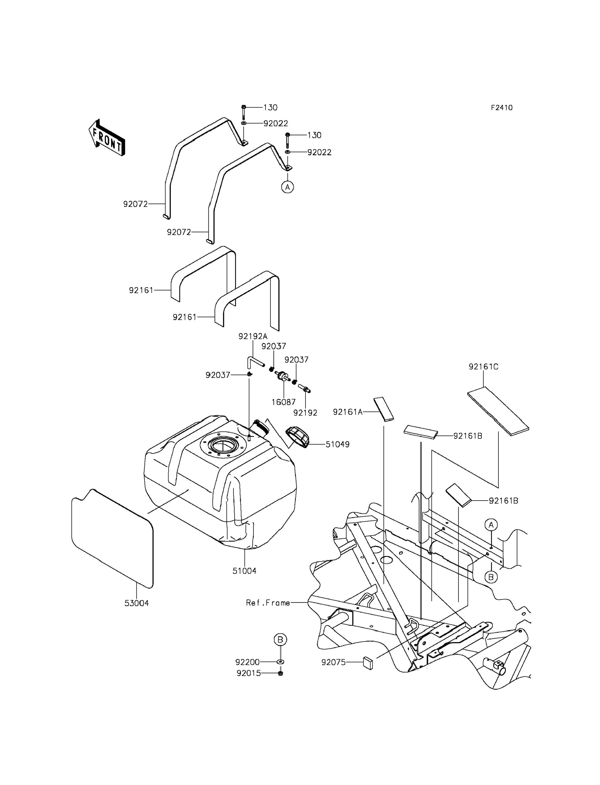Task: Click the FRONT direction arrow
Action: [x=107, y=137]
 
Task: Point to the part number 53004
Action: [x=136, y=603]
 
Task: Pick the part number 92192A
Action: [x=253, y=336]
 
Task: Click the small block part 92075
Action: [x=368, y=662]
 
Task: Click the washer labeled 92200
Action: [x=280, y=662]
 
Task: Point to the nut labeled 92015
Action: [x=280, y=674]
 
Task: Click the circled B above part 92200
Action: [x=280, y=639]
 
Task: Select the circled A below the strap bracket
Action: [x=287, y=187]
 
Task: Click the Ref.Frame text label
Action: [x=268, y=603]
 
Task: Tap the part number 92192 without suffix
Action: [x=305, y=413]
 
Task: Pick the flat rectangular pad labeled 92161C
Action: [x=498, y=411]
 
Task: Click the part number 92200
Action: [x=247, y=662]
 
